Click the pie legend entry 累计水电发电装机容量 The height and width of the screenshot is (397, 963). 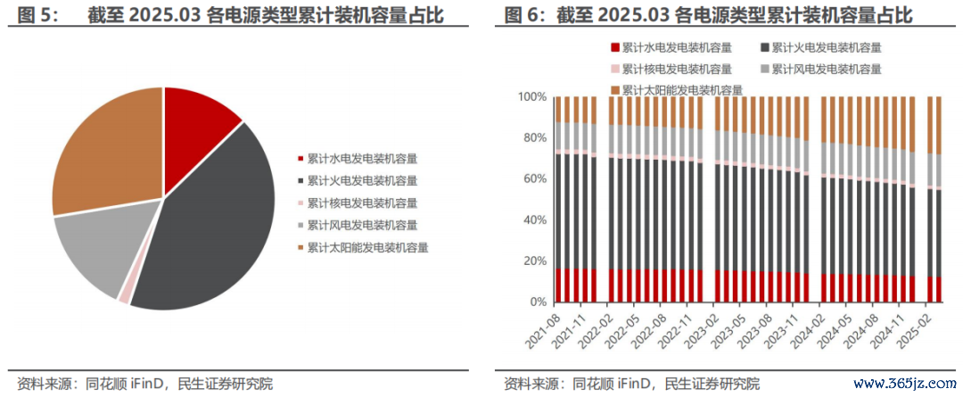click(358, 159)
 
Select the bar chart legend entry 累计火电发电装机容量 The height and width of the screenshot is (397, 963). click(821, 48)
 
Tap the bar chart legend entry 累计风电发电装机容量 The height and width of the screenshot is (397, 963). click(821, 69)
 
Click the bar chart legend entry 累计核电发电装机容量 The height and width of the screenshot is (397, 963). click(671, 69)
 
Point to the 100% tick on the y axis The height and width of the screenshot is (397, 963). click(531, 97)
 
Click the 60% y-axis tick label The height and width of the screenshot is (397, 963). click(534, 178)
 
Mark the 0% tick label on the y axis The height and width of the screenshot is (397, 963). click(538, 302)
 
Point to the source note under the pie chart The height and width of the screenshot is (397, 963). click(145, 385)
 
